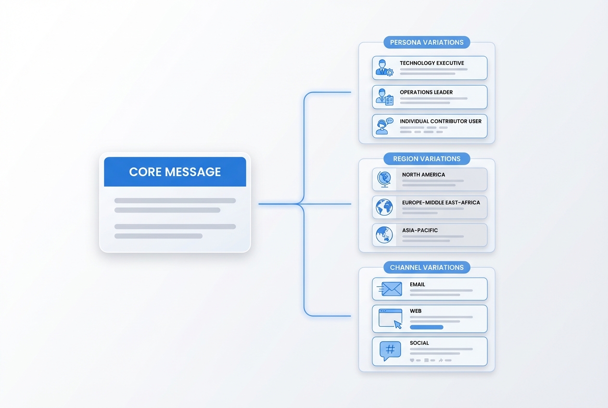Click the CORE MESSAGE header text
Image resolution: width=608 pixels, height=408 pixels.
pyautogui.click(x=175, y=172)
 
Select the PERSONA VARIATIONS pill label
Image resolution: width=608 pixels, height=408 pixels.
pyautogui.click(x=427, y=42)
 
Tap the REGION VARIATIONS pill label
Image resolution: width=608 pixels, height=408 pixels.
pyautogui.click(x=427, y=159)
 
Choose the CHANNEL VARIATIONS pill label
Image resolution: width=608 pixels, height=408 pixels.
pyautogui.click(x=427, y=268)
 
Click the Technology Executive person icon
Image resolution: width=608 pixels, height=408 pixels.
pyautogui.click(x=383, y=68)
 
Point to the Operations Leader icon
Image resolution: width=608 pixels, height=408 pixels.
pyautogui.click(x=384, y=97)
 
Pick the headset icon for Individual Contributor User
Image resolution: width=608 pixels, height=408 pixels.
pyautogui.click(x=383, y=127)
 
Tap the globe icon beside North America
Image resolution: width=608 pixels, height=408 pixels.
pyautogui.click(x=384, y=179)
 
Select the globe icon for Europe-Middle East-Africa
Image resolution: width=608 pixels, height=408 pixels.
pyautogui.click(x=384, y=207)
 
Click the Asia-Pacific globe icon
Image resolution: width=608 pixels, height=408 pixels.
pyautogui.click(x=384, y=235)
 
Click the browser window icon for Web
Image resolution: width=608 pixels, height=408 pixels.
pyautogui.click(x=390, y=319)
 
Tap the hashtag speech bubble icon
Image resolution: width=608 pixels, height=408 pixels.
pyautogui.click(x=390, y=351)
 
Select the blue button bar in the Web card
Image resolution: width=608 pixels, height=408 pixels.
pyautogui.click(x=426, y=327)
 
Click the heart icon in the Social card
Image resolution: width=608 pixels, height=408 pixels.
pyautogui.click(x=412, y=360)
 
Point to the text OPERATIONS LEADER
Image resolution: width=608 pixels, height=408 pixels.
pyautogui.click(x=426, y=92)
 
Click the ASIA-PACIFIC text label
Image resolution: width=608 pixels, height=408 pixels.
pyautogui.click(x=420, y=230)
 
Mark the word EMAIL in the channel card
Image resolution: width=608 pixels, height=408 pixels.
pyautogui.click(x=418, y=284)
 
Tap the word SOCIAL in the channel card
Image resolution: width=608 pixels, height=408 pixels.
pyautogui.click(x=419, y=343)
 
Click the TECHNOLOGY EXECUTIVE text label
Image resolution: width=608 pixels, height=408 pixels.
pyautogui.click(x=432, y=63)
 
